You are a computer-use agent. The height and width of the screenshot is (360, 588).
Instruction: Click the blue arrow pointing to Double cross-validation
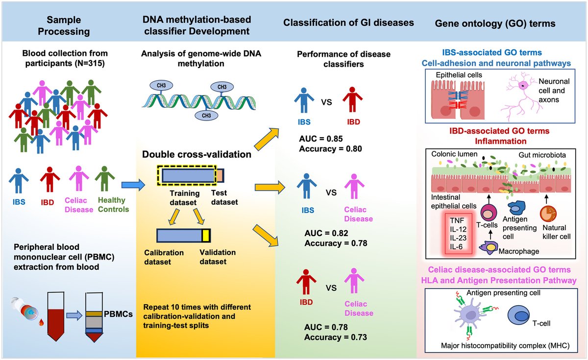pyautogui.click(x=132, y=185)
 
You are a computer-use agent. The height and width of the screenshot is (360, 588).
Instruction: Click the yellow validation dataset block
pyautogui.click(x=206, y=236)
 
